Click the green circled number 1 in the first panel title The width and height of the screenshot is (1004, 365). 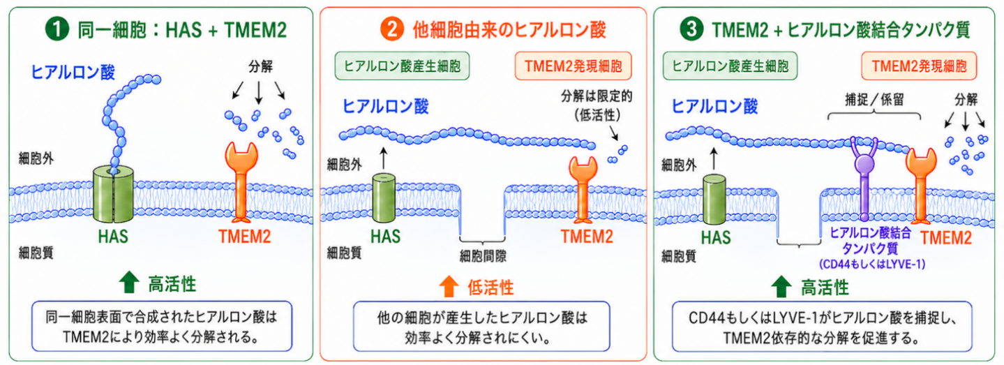click(x=57, y=29)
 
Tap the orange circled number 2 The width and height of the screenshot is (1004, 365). click(x=392, y=29)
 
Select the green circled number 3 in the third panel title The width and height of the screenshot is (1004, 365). click(x=691, y=29)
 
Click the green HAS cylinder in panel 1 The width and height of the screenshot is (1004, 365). click(x=114, y=194)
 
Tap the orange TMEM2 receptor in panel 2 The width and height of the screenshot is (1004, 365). click(x=583, y=189)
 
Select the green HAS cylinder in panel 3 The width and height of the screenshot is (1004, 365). click(x=714, y=200)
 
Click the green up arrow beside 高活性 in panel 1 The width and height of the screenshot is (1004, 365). click(x=129, y=282)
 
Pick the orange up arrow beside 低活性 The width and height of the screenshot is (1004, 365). click(x=449, y=286)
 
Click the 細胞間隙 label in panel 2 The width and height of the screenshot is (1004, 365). click(x=483, y=256)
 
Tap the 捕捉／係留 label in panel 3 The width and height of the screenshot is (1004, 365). click(x=874, y=100)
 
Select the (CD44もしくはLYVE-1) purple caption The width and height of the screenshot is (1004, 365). click(x=872, y=264)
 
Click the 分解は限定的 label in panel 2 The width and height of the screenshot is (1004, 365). click(x=597, y=96)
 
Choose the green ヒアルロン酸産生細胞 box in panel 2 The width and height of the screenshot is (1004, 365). click(x=402, y=66)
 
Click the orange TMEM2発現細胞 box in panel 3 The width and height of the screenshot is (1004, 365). click(x=919, y=66)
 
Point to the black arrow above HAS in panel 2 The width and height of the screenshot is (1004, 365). click(x=384, y=158)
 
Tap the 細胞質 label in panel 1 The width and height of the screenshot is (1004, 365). click(x=36, y=253)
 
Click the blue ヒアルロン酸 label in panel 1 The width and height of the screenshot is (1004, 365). click(x=73, y=72)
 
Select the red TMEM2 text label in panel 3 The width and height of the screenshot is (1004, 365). click(x=945, y=238)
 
